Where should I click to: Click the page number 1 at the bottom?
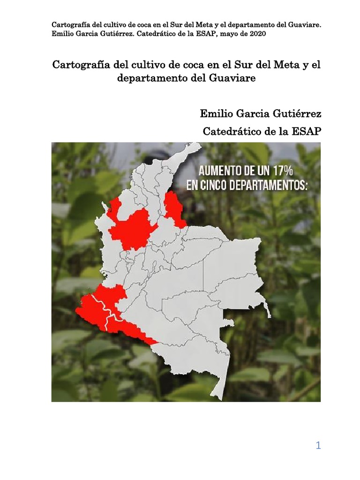[x=318, y=446]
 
